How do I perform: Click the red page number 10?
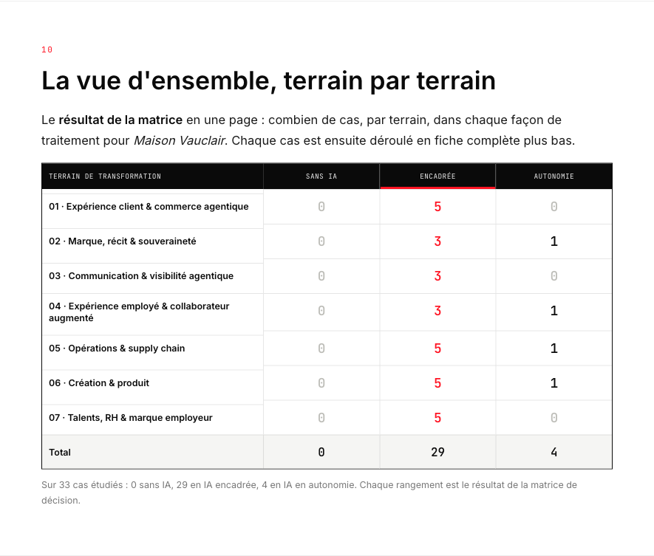point(47,49)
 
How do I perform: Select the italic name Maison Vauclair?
point(180,140)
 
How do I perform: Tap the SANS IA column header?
point(321,176)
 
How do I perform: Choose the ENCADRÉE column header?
point(437,176)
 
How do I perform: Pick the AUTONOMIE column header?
point(554,176)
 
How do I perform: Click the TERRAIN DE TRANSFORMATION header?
point(105,176)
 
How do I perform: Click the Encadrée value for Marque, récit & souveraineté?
point(437,241)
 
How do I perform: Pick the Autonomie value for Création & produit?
point(554,383)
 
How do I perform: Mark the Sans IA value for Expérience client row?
point(321,207)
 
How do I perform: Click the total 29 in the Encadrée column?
point(437,452)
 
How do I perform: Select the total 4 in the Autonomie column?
point(554,452)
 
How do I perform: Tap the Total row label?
point(60,452)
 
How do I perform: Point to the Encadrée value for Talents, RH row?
point(437,418)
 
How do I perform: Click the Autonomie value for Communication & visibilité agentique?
point(554,276)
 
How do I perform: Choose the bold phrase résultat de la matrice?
point(120,120)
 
